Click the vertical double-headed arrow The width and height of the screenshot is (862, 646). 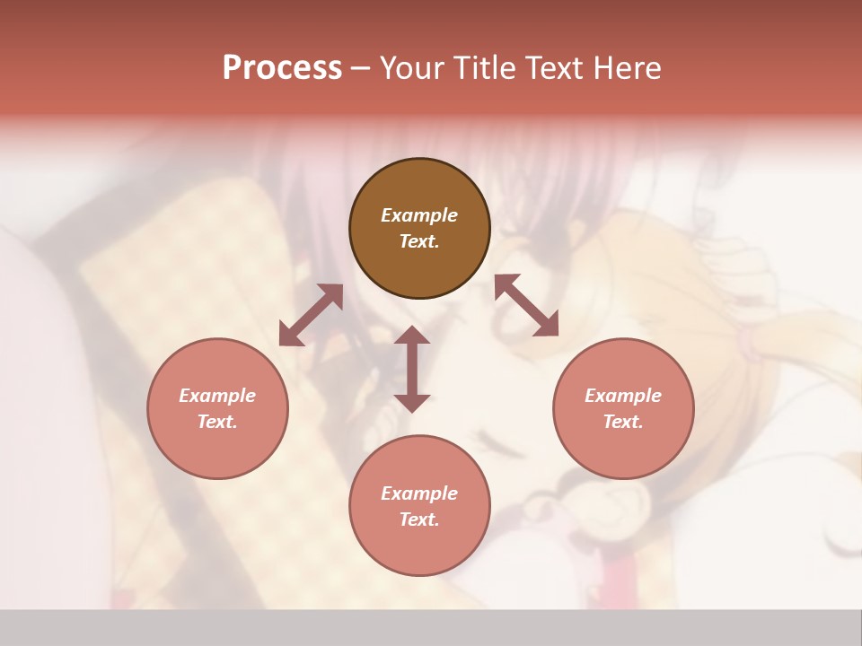(x=412, y=369)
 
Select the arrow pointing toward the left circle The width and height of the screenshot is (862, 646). (x=311, y=315)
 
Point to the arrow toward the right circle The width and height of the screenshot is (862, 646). (x=526, y=305)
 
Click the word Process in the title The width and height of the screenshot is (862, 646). (x=282, y=67)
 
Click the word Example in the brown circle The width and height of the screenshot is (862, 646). (x=419, y=215)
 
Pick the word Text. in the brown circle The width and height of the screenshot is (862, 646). (x=419, y=241)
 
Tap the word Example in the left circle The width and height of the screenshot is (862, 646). (x=217, y=396)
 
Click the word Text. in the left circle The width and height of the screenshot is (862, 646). (x=217, y=422)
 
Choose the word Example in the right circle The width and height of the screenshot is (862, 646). (x=623, y=396)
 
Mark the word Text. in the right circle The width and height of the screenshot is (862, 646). (x=623, y=422)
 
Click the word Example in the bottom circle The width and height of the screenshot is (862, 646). (x=419, y=493)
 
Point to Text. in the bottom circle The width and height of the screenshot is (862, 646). (x=419, y=519)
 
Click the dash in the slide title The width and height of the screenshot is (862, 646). (x=361, y=68)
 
